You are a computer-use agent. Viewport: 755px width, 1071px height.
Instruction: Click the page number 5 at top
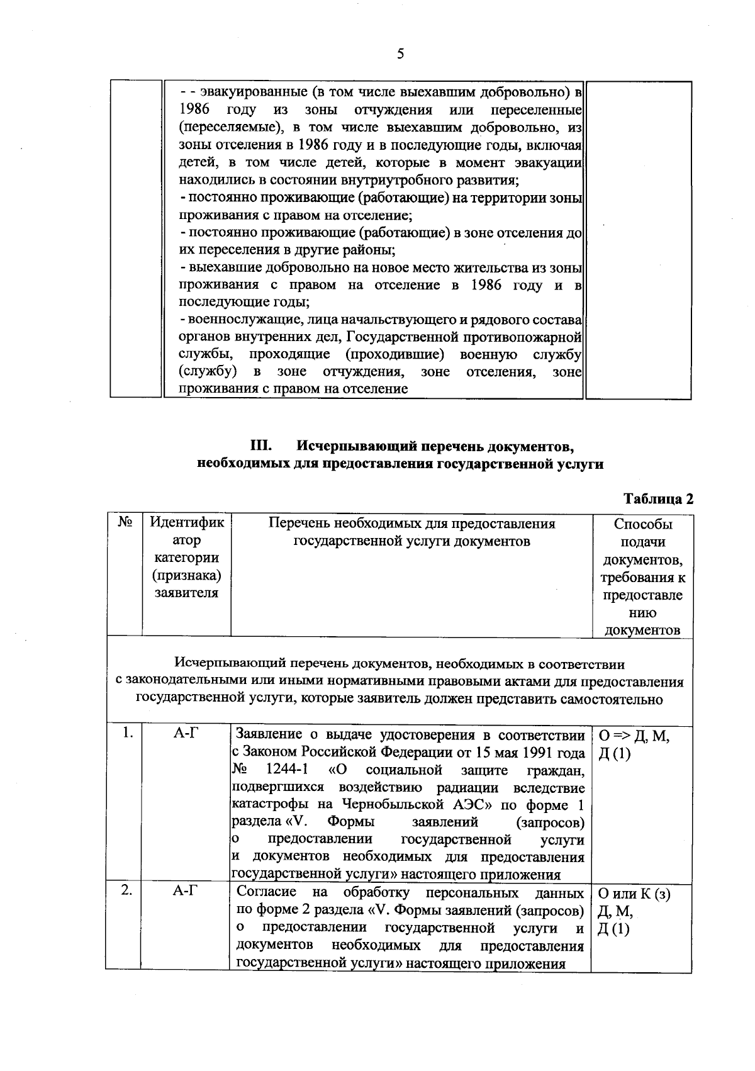pos(400,55)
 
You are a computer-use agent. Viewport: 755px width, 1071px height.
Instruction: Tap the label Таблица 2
pos(657,499)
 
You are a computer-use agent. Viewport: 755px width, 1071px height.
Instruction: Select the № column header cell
pos(125,523)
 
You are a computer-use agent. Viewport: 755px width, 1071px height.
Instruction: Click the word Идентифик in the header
pos(187,523)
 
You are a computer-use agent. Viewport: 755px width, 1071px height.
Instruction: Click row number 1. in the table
pos(128,732)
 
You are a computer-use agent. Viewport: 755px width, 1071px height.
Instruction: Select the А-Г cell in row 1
pos(186,733)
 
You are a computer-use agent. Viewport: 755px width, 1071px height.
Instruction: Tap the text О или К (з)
pos(634,894)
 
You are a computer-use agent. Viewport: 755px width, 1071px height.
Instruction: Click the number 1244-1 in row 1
pos(287,770)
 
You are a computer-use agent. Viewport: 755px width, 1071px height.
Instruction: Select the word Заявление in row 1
pos(269,735)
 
